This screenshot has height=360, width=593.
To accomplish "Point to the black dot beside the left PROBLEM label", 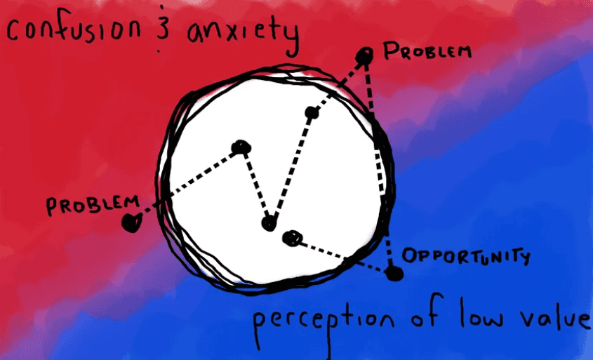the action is tap(130, 223).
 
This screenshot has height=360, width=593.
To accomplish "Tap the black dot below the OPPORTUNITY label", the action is tap(395, 273).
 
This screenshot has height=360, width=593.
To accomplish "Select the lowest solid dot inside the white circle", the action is tap(268, 224).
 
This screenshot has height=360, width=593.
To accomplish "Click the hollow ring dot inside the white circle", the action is tap(291, 239).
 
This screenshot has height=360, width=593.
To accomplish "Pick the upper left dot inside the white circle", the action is tap(241, 147).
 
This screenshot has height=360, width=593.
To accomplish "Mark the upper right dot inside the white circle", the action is tap(312, 112).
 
